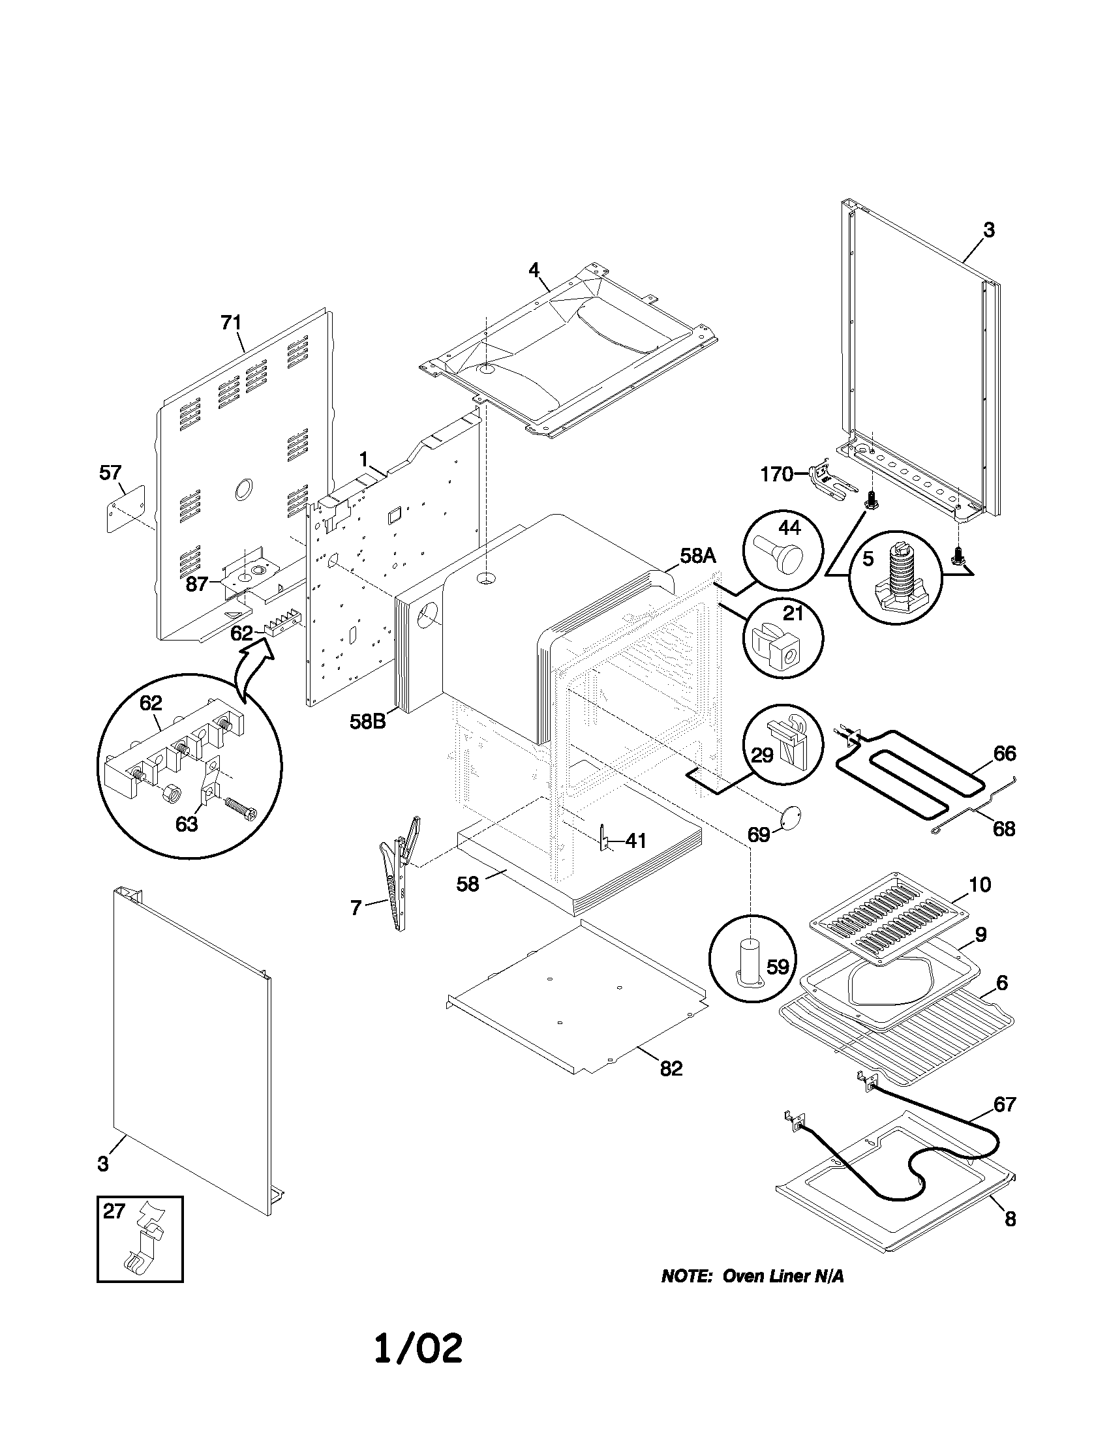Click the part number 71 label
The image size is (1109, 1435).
(230, 323)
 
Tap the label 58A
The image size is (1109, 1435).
(697, 556)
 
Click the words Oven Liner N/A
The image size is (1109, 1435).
(782, 1276)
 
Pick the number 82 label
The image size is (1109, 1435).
(671, 1069)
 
